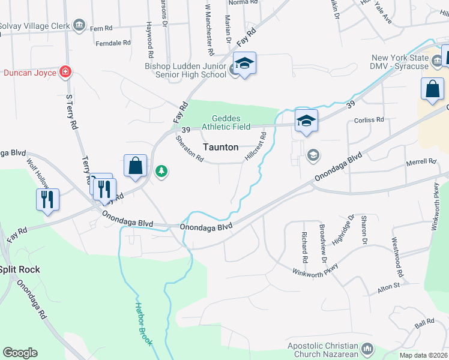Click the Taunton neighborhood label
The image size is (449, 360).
coord(220,147)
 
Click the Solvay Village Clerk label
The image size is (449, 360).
coord(35,26)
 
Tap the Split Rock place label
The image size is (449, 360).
coord(20,269)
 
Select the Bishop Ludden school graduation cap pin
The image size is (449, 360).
coord(245,64)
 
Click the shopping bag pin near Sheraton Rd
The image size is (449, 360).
coord(136,166)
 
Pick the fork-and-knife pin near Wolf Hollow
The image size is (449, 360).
coord(48,199)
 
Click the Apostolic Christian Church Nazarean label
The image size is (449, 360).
coord(324,350)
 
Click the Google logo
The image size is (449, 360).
coord(20,353)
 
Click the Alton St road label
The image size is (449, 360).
coord(388,286)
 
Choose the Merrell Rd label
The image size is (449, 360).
coord(420,162)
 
